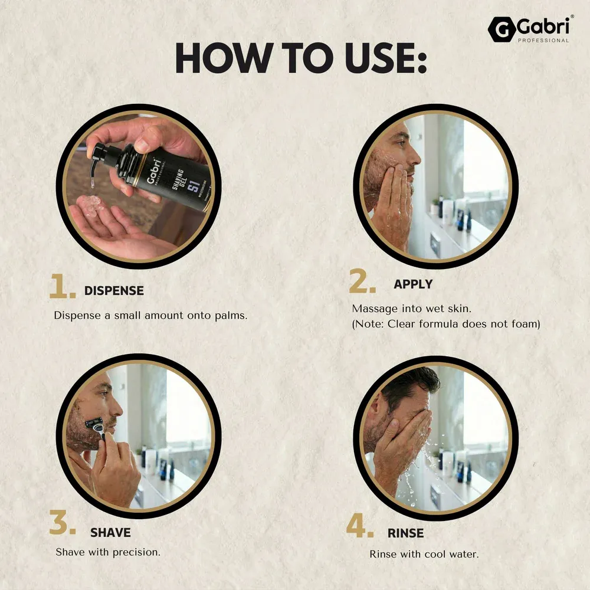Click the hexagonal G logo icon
[x=502, y=29]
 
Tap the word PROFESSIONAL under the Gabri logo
[x=543, y=40]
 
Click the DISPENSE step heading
[x=114, y=290]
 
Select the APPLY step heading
[x=413, y=284]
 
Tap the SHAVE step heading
[x=111, y=532]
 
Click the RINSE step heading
[x=406, y=533]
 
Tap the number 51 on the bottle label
[x=194, y=186]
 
